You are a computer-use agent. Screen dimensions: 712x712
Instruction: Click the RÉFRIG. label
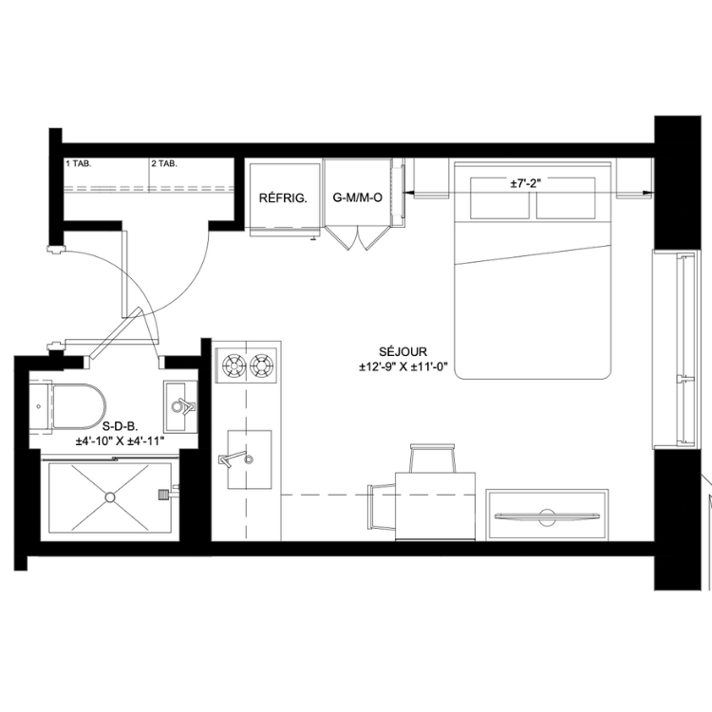(x=283, y=198)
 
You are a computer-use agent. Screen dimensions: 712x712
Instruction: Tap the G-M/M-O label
(x=357, y=197)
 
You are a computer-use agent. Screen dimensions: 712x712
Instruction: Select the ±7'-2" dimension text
(x=526, y=183)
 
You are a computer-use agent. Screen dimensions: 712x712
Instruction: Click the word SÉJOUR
(x=403, y=351)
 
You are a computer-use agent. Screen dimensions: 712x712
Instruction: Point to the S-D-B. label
(x=121, y=426)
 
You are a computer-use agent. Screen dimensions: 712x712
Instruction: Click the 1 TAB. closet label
(x=79, y=163)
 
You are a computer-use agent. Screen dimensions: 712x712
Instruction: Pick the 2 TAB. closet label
(x=164, y=163)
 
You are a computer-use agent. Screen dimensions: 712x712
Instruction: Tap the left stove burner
(x=234, y=365)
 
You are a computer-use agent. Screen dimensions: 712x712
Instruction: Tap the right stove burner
(x=262, y=365)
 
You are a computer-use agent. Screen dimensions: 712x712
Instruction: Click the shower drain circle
(x=110, y=497)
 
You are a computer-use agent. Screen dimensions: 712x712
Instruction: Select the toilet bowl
(x=79, y=406)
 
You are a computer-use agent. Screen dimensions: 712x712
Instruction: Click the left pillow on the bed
(x=499, y=198)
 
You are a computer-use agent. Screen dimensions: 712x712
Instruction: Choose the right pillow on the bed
(x=566, y=198)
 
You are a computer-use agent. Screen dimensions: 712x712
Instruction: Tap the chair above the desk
(x=432, y=459)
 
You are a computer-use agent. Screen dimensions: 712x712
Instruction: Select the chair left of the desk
(x=383, y=506)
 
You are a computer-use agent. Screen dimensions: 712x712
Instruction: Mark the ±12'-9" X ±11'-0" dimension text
(x=403, y=366)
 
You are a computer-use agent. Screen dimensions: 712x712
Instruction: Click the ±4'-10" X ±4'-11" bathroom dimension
(x=120, y=440)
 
